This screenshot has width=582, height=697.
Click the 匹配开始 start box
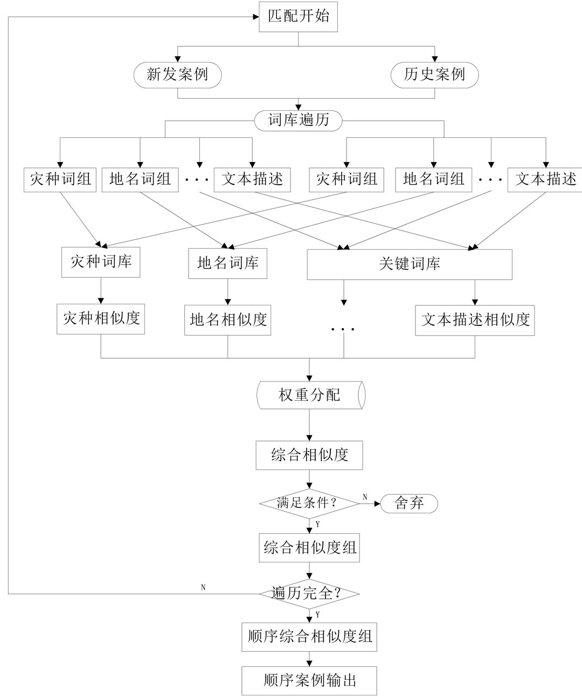click(299, 16)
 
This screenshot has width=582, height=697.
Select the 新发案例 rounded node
click(177, 74)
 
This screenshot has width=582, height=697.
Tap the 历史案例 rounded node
click(434, 74)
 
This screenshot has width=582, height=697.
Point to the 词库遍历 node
click(299, 120)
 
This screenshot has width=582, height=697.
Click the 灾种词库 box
click(101, 262)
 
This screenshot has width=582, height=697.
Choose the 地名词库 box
click(227, 263)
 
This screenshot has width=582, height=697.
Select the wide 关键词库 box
click(410, 264)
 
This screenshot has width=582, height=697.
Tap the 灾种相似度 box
click(101, 318)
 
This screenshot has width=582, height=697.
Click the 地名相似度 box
click(227, 320)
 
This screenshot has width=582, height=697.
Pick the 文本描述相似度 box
click(475, 320)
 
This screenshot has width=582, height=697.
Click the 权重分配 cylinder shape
click(310, 395)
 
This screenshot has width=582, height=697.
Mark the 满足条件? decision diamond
click(309, 504)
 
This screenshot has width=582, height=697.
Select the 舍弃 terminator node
click(409, 504)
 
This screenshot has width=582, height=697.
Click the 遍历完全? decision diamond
click(309, 594)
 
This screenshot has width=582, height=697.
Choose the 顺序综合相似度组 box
click(309, 637)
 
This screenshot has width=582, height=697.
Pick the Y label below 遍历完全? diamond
click(317, 614)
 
